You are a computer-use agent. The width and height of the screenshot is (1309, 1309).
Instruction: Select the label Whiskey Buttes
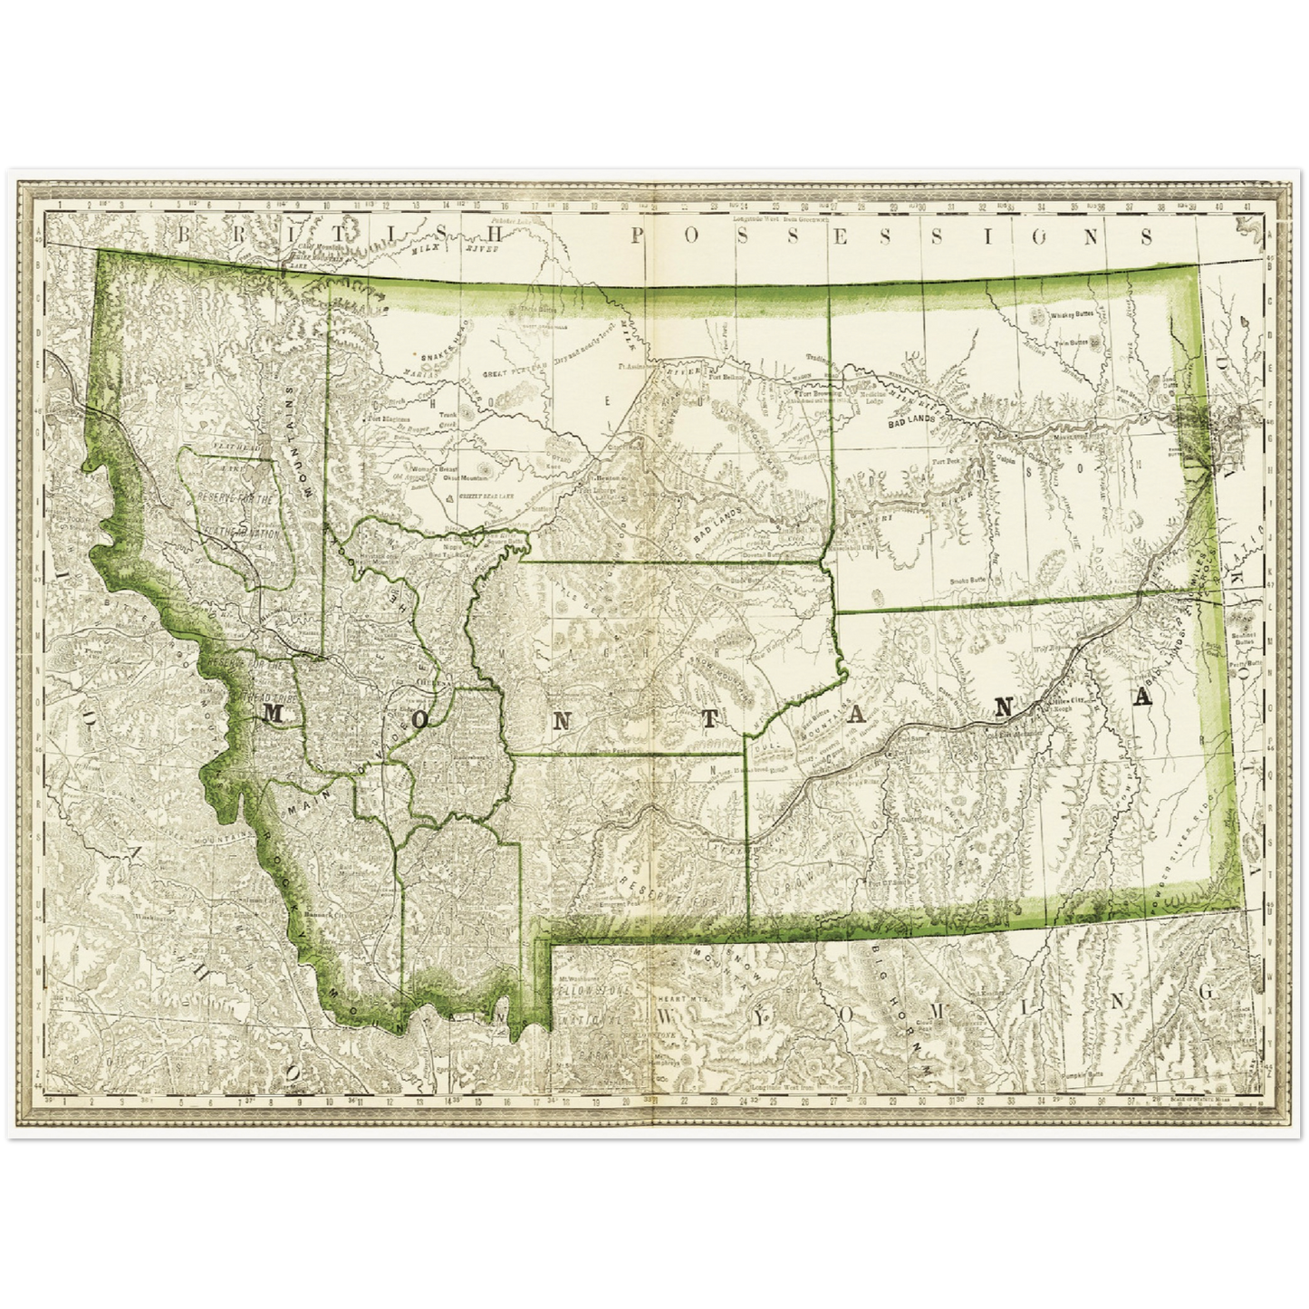(1073, 314)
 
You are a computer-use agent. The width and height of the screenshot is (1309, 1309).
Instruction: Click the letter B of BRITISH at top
(185, 235)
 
